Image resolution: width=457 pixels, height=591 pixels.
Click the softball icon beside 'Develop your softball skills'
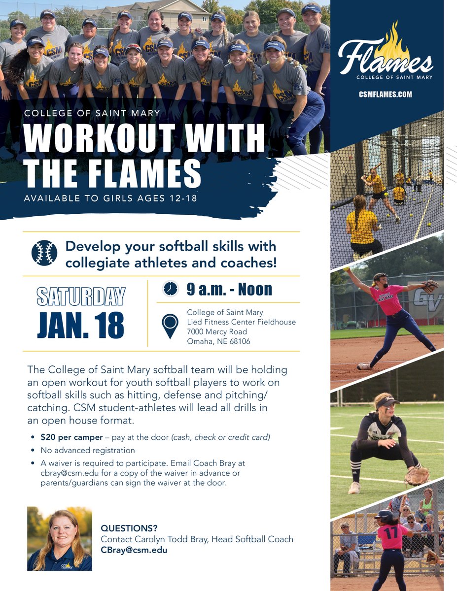coord(44,253)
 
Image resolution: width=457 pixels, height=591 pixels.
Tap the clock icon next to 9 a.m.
coord(170,289)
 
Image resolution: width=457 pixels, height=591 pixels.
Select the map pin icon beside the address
coord(170,325)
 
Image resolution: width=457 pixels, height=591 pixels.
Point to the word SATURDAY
coord(81,296)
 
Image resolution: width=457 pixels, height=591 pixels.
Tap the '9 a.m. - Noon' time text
coord(229,289)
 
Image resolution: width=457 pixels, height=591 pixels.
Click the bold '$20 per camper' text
coord(73,437)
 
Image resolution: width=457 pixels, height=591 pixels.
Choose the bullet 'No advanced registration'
coord(88,450)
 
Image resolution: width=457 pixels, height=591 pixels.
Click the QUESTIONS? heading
coord(129,528)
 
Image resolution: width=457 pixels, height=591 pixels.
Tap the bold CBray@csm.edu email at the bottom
coord(134,550)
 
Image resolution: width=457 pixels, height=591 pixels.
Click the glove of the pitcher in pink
coord(430,286)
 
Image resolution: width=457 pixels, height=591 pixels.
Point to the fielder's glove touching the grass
coord(417,476)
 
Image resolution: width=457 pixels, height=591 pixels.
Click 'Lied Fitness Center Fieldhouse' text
coord(242,322)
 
